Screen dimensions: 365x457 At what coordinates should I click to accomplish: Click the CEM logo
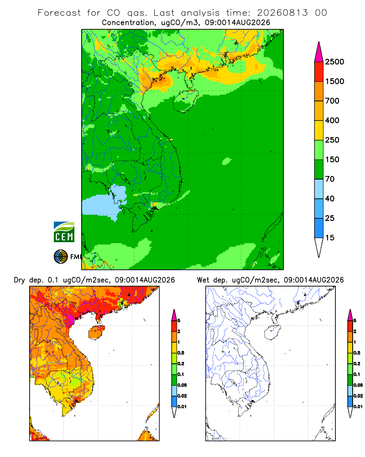coord(64,232)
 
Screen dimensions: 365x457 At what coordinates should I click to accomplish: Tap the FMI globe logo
coord(61,257)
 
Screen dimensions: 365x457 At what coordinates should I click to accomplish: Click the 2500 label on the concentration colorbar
coord(334,62)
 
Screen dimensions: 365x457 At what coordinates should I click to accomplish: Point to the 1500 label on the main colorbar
coord(334,81)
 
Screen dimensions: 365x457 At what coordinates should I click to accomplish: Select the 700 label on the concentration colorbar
coord(332,101)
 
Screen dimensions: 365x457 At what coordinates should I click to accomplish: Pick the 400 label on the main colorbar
coord(332,120)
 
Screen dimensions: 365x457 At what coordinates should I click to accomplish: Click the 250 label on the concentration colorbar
coord(332,140)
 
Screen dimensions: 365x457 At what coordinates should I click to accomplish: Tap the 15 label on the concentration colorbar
coord(330,238)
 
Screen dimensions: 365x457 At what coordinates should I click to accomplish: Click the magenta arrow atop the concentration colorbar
coord(319,52)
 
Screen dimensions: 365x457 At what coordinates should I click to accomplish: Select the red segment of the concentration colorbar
coord(319,72)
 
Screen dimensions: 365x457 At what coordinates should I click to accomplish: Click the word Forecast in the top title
coord(59,13)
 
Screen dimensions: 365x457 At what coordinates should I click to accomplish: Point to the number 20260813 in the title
coord(282,13)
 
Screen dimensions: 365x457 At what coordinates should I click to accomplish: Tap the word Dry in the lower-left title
coord(19,280)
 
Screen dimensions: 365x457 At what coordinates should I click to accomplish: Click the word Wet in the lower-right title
coord(203,280)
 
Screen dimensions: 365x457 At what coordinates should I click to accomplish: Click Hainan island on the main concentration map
coord(185,101)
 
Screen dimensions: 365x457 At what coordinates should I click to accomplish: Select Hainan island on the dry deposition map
coord(96,332)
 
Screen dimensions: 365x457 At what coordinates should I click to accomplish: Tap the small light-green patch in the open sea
coord(226,161)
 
